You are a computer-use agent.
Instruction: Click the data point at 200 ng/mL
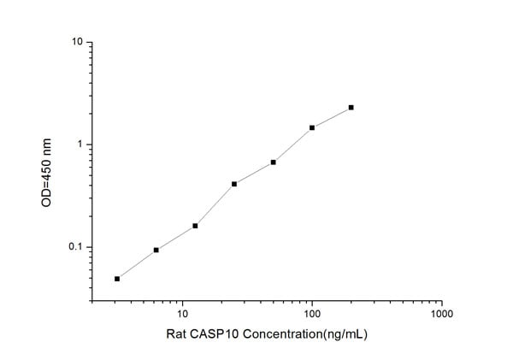point(351,108)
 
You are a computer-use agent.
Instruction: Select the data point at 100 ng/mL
point(312,127)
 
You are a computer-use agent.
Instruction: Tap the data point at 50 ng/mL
point(273,162)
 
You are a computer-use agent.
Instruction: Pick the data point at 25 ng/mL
point(234,184)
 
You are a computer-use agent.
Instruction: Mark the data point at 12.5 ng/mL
point(195,226)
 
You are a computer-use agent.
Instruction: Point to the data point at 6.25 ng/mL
point(156,250)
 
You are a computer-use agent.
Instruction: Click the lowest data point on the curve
point(117,279)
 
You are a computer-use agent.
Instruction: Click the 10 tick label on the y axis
point(77,42)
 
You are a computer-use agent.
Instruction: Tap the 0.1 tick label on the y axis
point(75,248)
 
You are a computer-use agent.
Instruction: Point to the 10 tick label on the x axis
point(182,315)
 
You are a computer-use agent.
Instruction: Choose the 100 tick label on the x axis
point(312,315)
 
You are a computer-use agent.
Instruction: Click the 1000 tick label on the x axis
point(441,315)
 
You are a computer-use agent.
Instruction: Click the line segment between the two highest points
point(332,118)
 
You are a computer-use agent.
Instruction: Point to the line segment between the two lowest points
point(137,264)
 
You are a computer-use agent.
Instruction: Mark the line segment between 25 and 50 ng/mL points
point(254,173)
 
